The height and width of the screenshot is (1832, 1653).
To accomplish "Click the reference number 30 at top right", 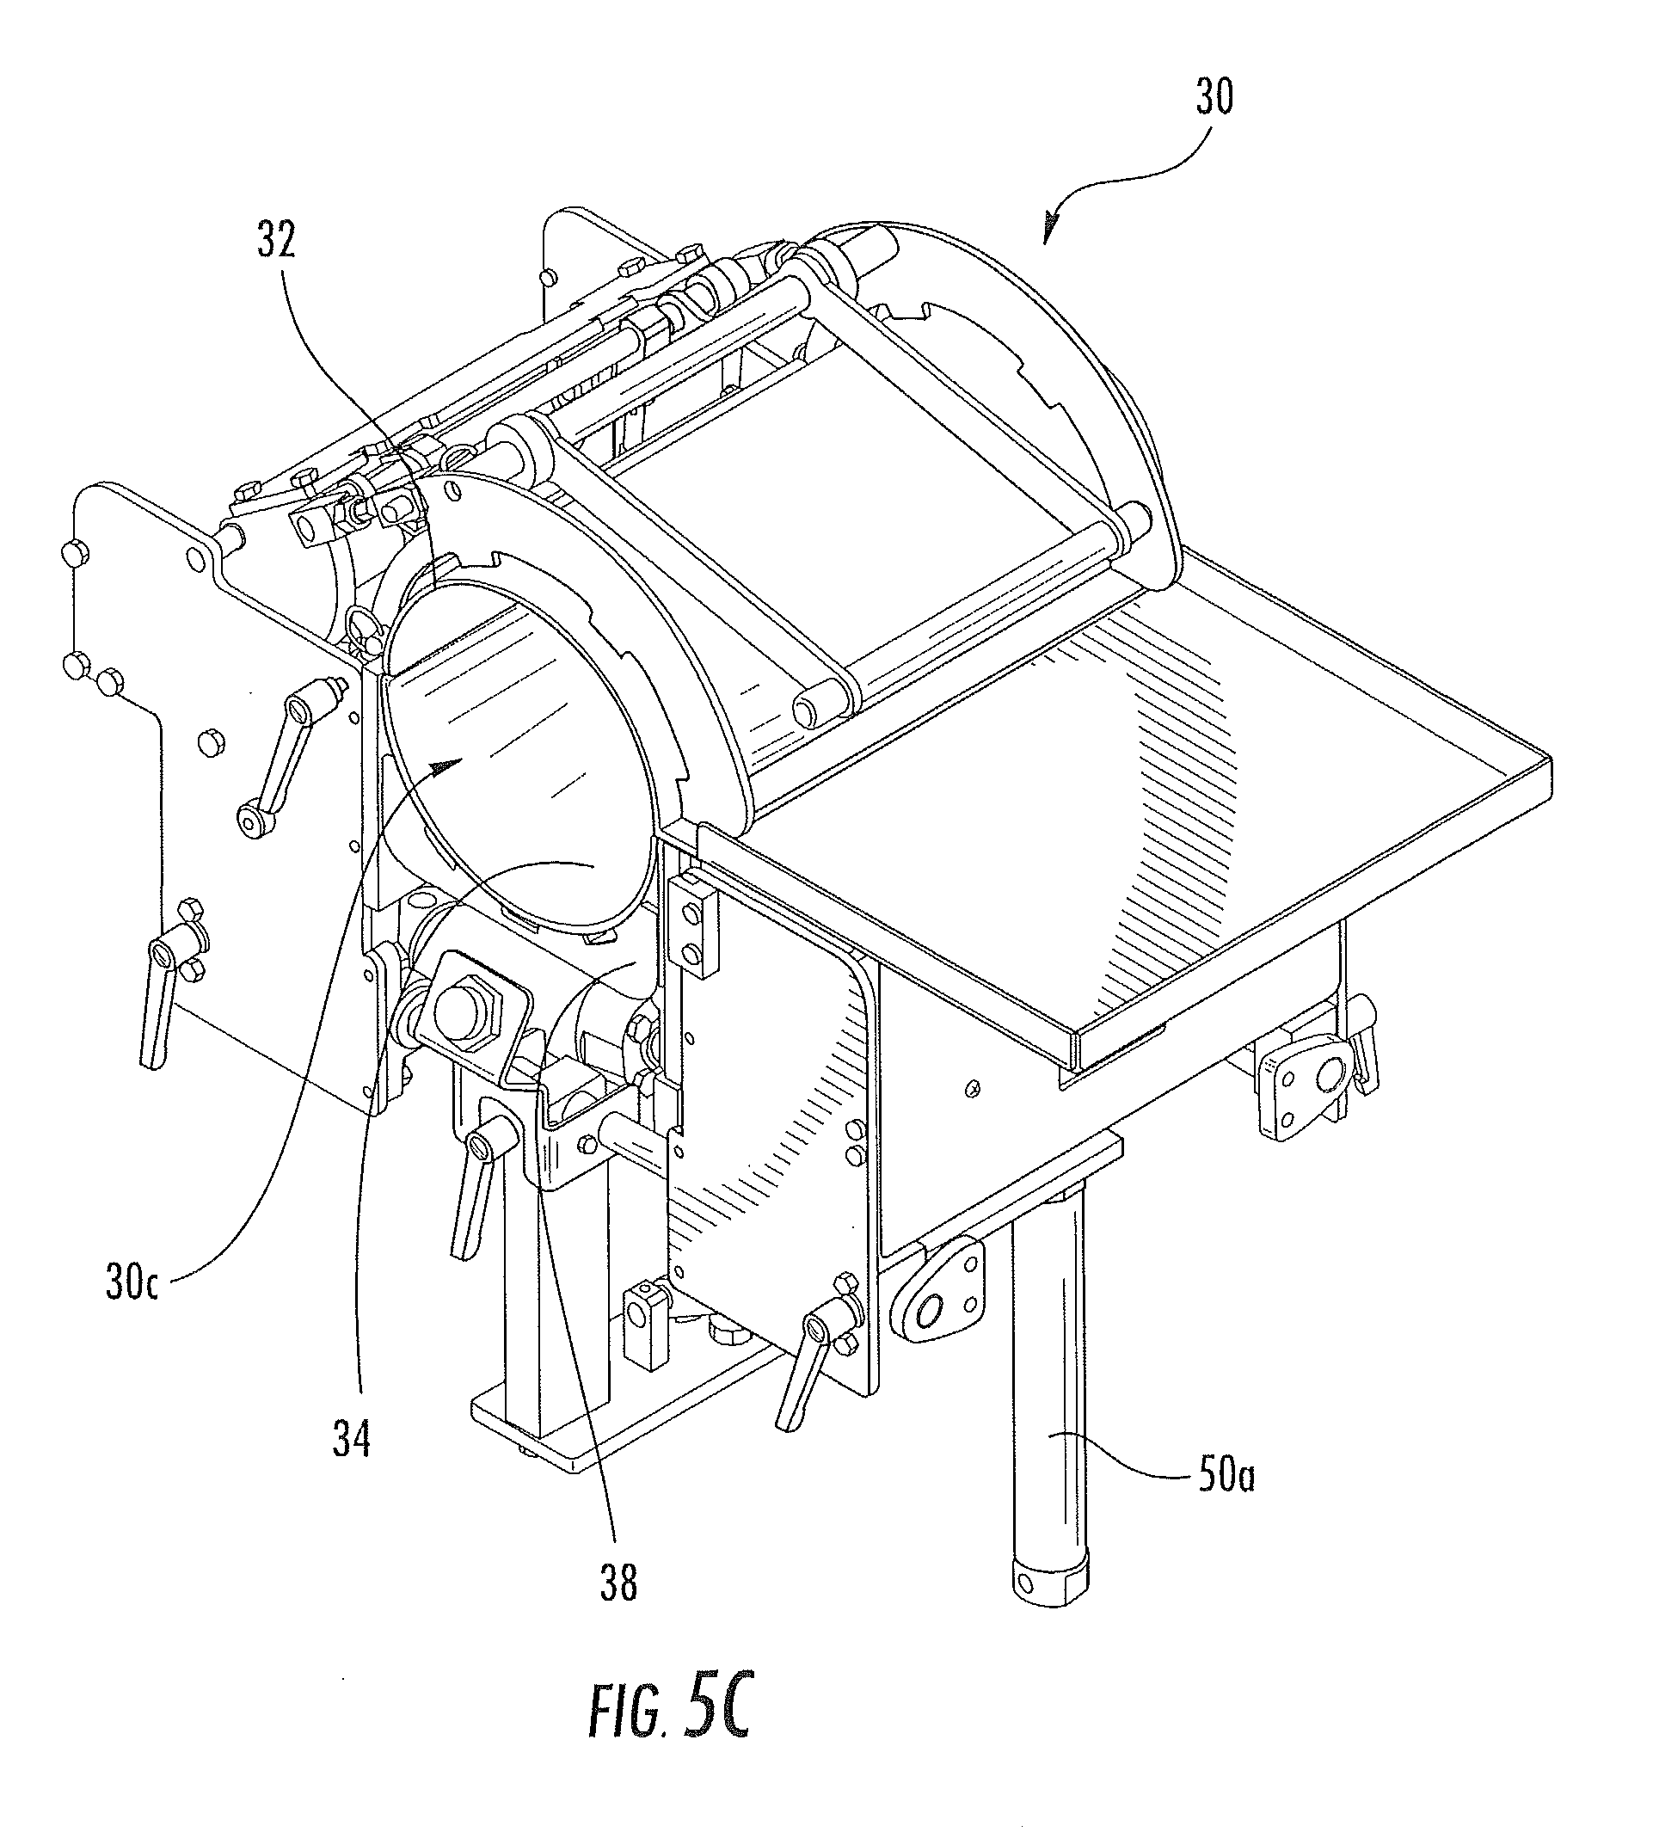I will click(x=1214, y=97).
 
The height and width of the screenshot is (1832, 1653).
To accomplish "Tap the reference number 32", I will click(x=276, y=241).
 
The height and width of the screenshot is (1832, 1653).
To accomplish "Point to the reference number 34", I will click(x=352, y=1438).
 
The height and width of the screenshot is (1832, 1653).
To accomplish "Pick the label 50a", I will click(x=1226, y=1478).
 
